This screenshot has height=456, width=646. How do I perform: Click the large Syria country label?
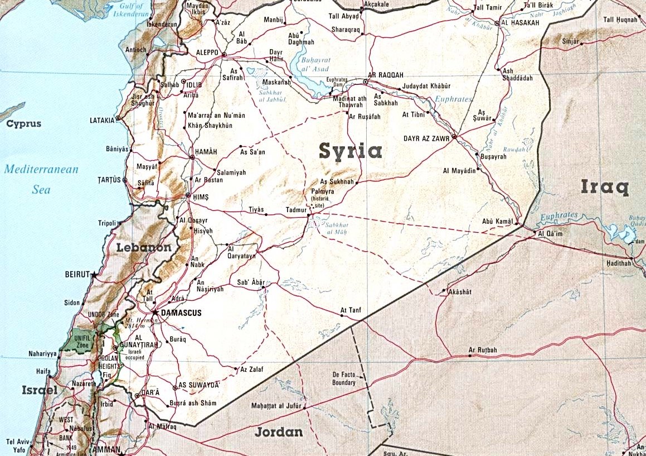tap(350, 151)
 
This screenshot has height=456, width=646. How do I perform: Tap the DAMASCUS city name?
tap(181, 313)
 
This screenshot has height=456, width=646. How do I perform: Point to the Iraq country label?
tap(605, 187)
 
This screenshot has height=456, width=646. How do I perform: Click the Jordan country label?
tap(279, 432)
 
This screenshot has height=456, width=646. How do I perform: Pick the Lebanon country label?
tap(143, 247)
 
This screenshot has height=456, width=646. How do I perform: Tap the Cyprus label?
tap(23, 123)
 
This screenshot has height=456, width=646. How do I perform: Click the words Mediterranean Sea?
tap(41, 179)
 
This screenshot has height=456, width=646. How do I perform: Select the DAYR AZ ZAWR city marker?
tap(455, 137)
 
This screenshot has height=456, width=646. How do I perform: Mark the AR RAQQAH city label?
tap(385, 75)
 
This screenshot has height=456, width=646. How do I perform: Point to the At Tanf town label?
tap(351, 310)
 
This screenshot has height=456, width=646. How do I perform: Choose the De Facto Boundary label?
tap(343, 378)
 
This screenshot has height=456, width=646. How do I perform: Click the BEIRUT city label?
tap(77, 275)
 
